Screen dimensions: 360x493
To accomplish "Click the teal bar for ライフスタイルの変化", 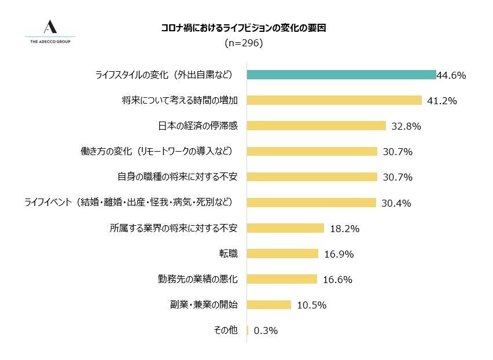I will [341, 75].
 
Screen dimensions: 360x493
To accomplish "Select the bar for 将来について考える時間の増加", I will [334, 100].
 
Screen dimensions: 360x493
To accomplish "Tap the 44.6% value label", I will [451, 75].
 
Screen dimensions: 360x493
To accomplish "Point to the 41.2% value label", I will [442, 101].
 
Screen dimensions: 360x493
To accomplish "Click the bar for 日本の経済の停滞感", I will [316, 126].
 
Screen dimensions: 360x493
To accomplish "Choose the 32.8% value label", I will [406, 126].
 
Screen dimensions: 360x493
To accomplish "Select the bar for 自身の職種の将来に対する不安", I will [312, 177].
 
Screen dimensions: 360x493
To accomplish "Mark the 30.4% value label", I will [396, 203].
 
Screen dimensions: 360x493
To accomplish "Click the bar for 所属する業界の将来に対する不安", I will [285, 228].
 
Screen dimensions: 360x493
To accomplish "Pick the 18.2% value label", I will [344, 229].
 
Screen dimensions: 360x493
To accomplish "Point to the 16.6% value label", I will [338, 280].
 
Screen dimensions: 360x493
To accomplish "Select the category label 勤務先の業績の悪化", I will [197, 279].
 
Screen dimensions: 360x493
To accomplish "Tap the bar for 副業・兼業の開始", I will [269, 304].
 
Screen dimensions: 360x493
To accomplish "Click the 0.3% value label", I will [266, 330].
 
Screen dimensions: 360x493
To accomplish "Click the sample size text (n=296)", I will [243, 43].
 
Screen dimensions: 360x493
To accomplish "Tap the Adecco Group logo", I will [50, 31].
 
